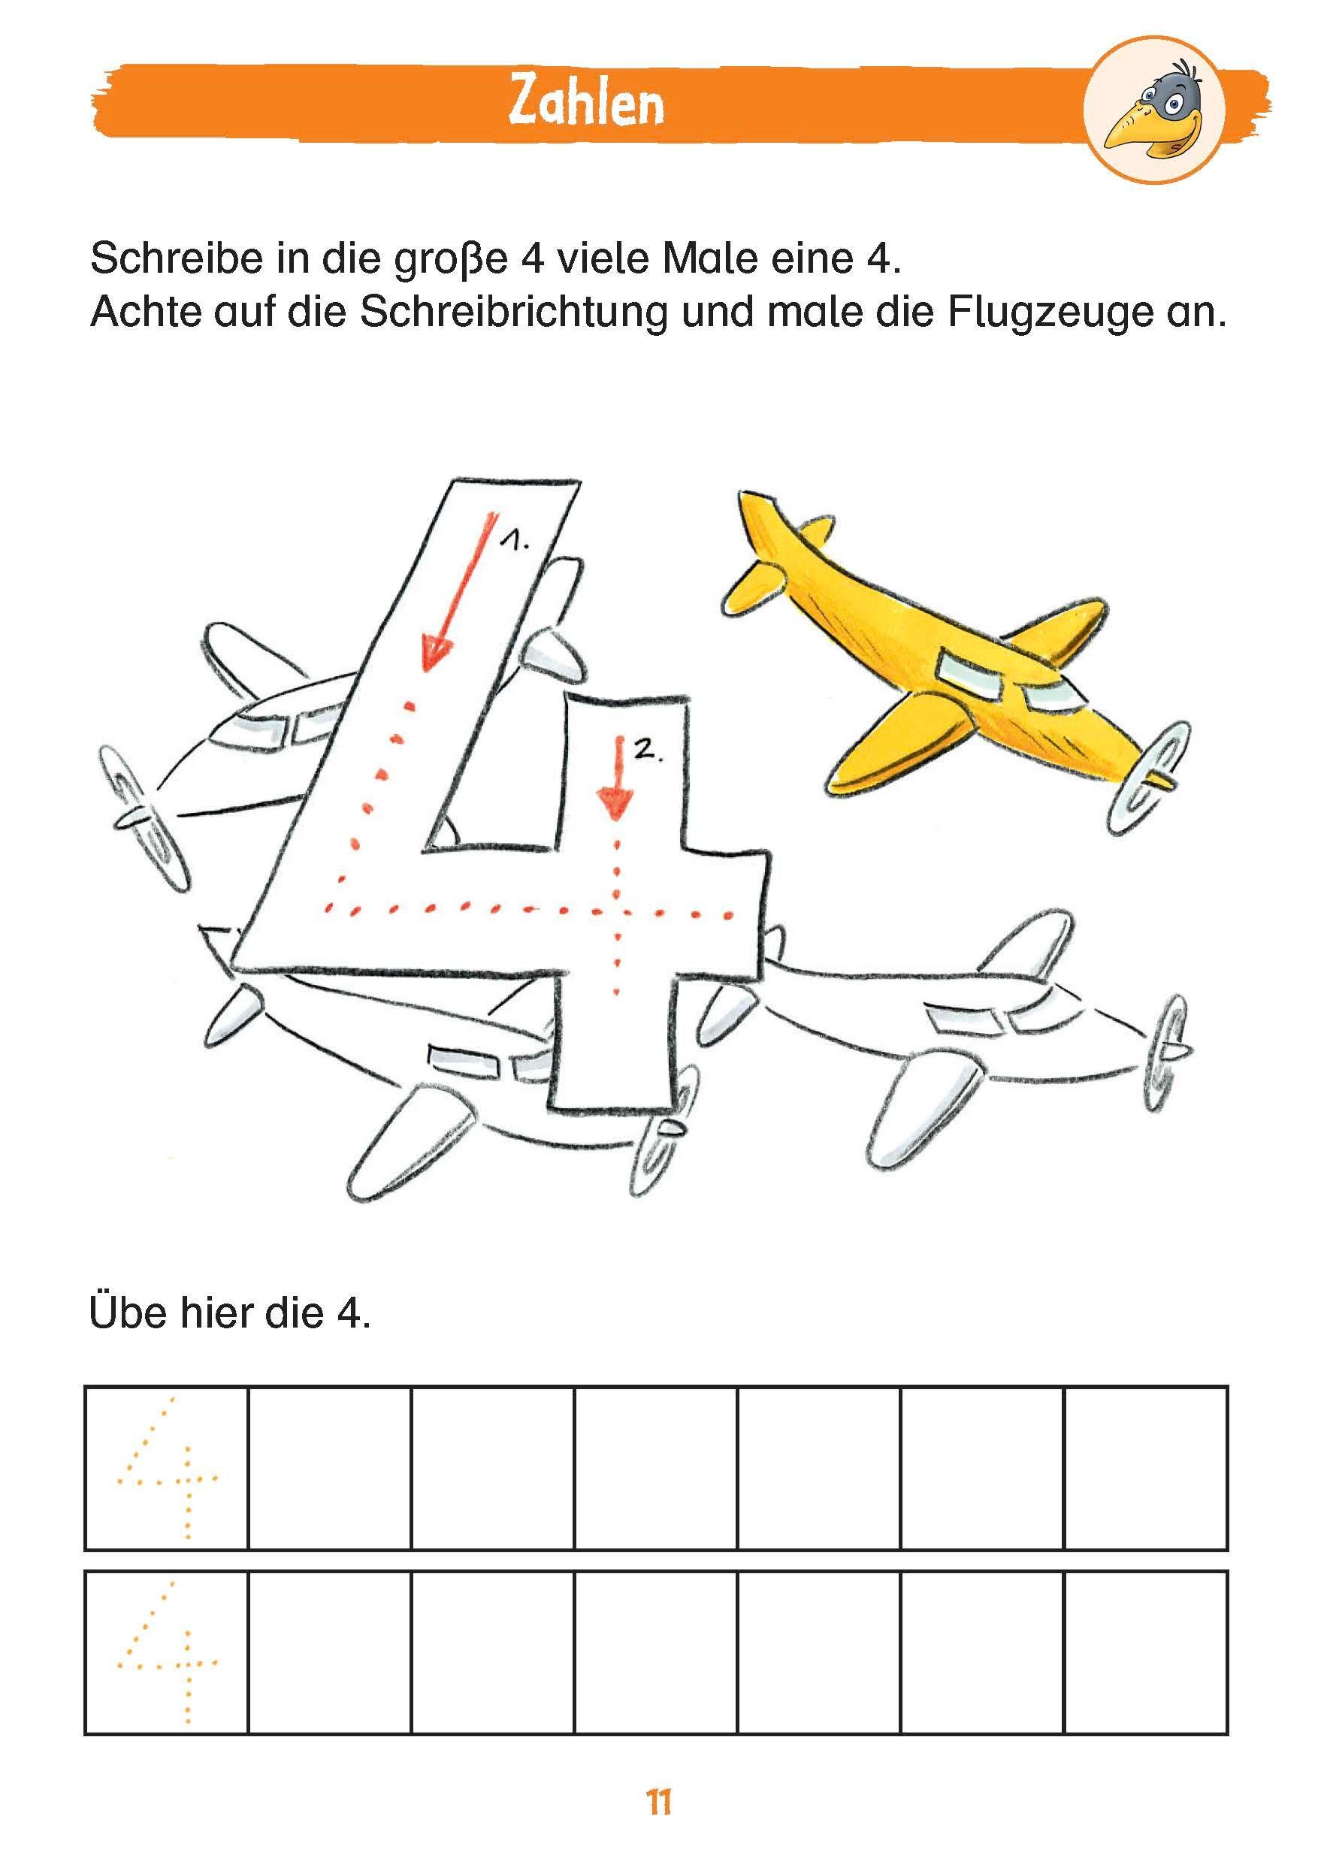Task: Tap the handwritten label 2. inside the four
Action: [x=650, y=753]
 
